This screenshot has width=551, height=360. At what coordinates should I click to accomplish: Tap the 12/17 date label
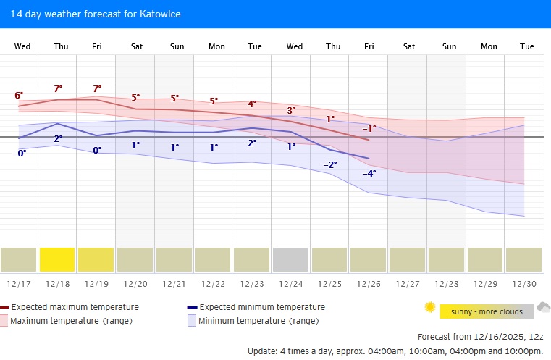click(x=18, y=284)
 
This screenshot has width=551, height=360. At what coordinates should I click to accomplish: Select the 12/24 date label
click(x=290, y=284)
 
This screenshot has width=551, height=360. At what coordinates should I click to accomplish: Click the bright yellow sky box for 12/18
click(x=57, y=259)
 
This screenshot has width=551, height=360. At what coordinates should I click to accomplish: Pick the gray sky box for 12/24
click(x=290, y=259)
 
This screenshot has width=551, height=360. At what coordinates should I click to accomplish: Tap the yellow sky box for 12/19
click(x=96, y=259)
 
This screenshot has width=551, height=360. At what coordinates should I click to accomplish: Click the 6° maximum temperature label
click(x=19, y=96)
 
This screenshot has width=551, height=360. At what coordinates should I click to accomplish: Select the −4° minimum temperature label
click(x=369, y=173)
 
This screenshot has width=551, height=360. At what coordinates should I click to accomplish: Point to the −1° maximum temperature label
click(x=369, y=128)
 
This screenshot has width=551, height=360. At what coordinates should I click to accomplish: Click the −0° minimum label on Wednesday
click(x=19, y=153)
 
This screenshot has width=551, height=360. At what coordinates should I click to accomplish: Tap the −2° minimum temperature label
click(x=330, y=164)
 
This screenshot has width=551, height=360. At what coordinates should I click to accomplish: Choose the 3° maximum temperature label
click(x=291, y=110)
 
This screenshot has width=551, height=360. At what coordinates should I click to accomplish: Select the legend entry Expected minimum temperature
click(x=261, y=307)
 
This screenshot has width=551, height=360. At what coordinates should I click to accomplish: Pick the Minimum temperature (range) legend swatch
click(x=192, y=320)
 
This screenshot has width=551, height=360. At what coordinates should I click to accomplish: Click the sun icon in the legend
click(x=430, y=308)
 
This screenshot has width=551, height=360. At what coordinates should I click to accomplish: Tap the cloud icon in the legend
click(x=543, y=308)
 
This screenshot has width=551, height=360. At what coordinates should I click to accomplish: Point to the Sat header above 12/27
click(x=409, y=46)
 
